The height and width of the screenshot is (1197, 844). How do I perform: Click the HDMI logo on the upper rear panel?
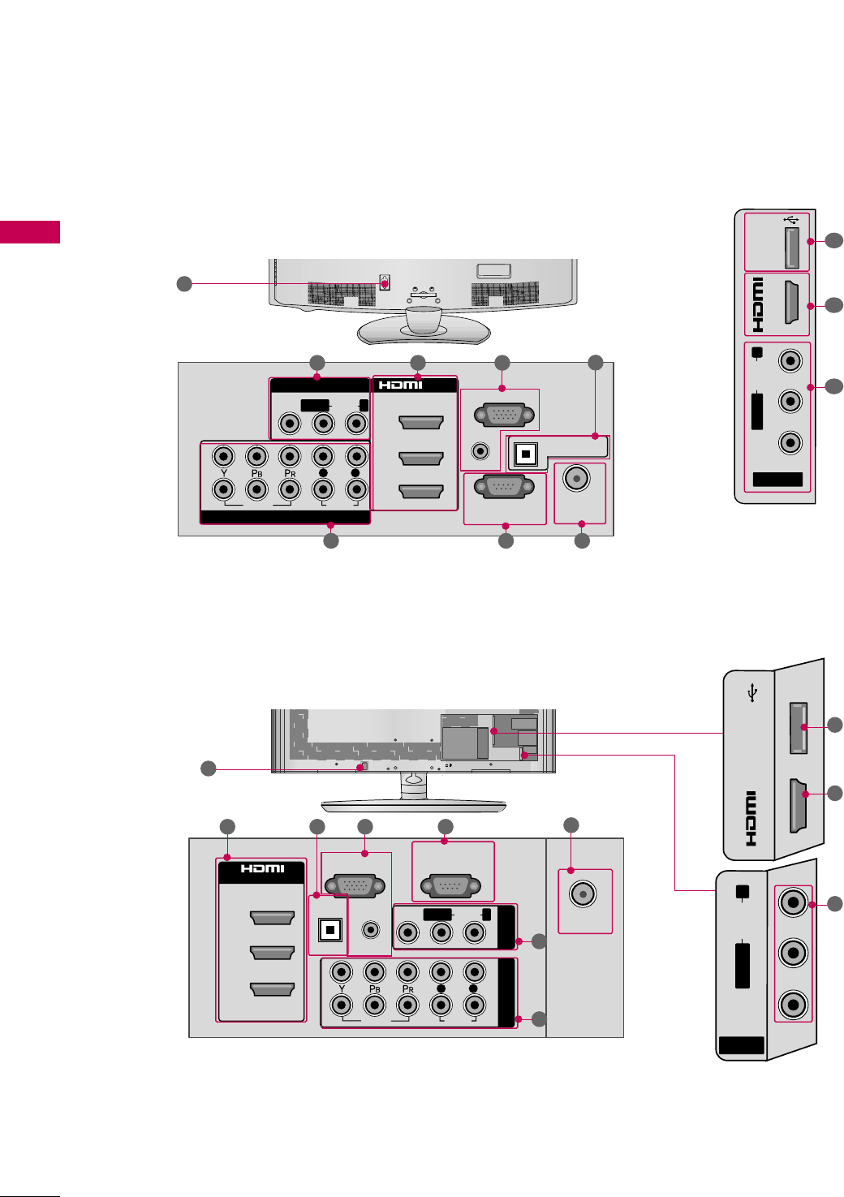coord(401,385)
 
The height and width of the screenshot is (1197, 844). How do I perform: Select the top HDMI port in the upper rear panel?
coord(421,422)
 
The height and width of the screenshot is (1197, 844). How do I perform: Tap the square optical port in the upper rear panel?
coord(526,454)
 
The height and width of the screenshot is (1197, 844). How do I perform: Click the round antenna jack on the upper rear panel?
coord(576,479)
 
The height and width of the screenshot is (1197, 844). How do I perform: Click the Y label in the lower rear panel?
coord(342,988)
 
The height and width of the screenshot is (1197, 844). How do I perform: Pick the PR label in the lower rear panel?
coord(407,988)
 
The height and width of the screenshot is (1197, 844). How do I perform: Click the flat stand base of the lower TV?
coord(413,805)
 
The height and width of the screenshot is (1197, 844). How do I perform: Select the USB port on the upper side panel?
coord(792,248)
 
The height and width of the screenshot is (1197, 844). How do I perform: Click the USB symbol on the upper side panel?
coord(792,218)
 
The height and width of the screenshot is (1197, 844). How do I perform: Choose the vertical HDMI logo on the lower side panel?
coord(751,818)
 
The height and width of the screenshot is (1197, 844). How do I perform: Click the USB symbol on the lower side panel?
coord(753,693)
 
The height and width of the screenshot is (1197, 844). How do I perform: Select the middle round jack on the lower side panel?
coord(793,952)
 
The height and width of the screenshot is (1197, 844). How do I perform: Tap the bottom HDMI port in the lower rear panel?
coord(272,989)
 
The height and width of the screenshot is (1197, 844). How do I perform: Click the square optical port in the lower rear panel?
coord(329,930)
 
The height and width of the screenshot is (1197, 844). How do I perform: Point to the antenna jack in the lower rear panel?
coord(583,894)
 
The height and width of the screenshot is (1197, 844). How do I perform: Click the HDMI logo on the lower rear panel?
coord(262,869)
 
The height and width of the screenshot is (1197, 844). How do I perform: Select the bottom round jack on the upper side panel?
coord(790,442)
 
